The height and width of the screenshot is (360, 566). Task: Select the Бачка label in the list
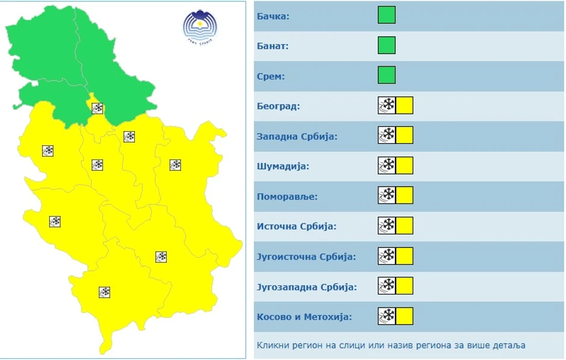273,16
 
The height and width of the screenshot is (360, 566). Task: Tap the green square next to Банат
387,45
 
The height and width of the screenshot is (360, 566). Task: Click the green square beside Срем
387,75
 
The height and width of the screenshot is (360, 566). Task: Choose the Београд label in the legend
278,107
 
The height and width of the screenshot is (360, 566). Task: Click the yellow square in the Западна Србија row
405,135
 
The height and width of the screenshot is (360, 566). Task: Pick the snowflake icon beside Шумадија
387,166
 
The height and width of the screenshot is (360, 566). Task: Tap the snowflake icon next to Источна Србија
387,226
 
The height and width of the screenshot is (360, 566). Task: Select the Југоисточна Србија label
306,256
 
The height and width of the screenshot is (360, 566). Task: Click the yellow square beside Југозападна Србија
405,286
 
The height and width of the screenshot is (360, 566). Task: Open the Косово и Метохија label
304,317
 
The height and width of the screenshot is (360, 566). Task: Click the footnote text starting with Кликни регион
391,345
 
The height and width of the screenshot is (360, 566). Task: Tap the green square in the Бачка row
387,15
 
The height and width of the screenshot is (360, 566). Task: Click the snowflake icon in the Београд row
387,105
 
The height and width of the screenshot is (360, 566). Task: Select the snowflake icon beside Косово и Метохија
387,316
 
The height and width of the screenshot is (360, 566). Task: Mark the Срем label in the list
271,76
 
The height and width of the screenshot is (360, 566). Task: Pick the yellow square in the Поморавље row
405,196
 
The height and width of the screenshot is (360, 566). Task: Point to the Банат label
272,46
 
